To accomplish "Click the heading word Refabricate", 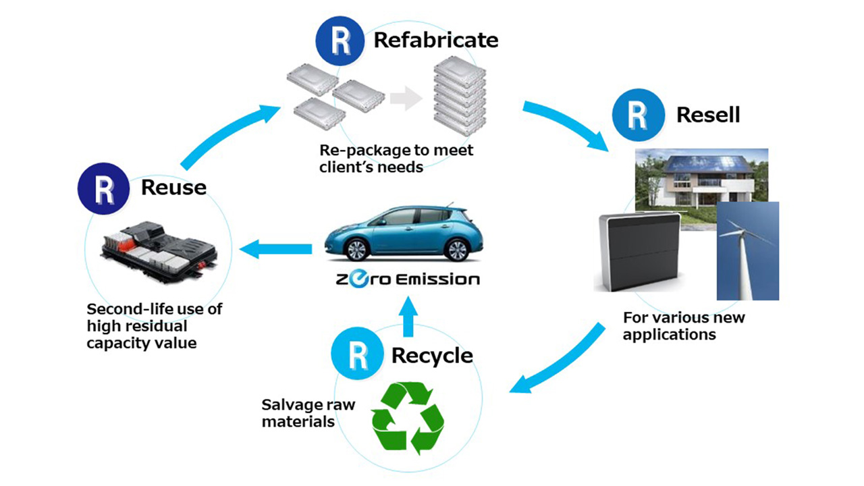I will click(436, 40).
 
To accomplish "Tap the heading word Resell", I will click(708, 115).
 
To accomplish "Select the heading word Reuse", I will click(173, 187).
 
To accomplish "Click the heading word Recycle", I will click(432, 355).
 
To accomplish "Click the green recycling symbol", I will click(408, 417).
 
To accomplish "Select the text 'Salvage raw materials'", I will click(308, 413).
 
